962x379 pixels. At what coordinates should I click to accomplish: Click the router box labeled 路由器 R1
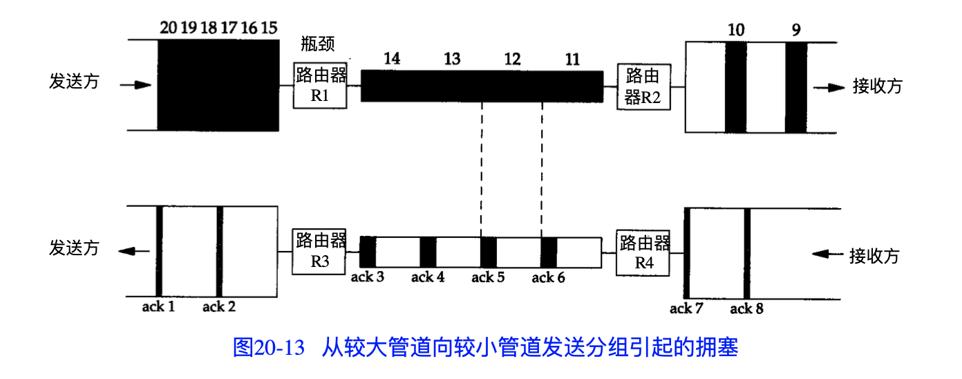tap(320, 85)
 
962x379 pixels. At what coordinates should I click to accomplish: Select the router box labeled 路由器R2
tap(643, 86)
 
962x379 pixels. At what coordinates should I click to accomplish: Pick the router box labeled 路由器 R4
tap(643, 252)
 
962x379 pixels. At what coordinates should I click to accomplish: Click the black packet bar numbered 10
tap(735, 86)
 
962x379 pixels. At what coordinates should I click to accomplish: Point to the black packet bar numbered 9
tap(795, 86)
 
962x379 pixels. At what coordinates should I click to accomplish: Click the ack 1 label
tap(158, 306)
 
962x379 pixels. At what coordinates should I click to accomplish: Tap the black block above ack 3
tap(368, 252)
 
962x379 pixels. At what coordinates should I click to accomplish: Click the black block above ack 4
tap(428, 252)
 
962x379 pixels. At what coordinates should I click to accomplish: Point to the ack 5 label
tap(488, 278)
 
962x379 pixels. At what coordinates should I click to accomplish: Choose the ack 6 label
tap(548, 278)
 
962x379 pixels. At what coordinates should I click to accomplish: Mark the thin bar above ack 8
tap(747, 253)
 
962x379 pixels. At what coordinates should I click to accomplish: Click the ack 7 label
tap(686, 308)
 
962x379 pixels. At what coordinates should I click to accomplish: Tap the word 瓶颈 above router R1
tap(318, 45)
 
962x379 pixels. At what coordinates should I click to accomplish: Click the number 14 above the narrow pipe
tap(392, 59)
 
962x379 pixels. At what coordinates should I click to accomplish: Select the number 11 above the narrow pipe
tap(572, 59)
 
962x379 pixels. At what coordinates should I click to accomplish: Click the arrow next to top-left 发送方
tap(135, 85)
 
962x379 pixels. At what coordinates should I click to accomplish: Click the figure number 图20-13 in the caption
tap(269, 347)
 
